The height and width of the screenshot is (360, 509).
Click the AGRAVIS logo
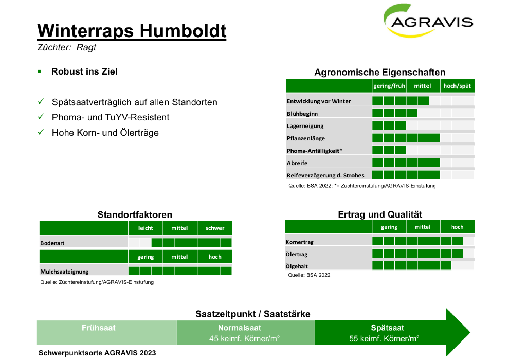pyautogui.click(x=428, y=21)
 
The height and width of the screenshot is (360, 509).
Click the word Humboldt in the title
pyautogui.click(x=183, y=31)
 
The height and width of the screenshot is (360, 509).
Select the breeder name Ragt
pyautogui.click(x=86, y=48)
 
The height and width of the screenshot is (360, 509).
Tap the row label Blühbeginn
pyautogui.click(x=302, y=114)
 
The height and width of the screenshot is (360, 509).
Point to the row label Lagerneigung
pyautogui.click(x=305, y=126)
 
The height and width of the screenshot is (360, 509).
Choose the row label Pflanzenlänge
pyautogui.click(x=306, y=138)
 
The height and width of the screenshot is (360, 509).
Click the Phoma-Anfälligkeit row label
pyautogui.click(x=314, y=151)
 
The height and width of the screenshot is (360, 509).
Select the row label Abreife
pyautogui.click(x=297, y=163)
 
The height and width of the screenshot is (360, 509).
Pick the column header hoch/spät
pyautogui.click(x=457, y=86)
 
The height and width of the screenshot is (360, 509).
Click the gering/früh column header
pyautogui.click(x=389, y=86)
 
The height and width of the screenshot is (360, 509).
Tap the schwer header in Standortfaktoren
pyautogui.click(x=215, y=228)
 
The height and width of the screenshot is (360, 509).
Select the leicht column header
pyautogui.click(x=146, y=228)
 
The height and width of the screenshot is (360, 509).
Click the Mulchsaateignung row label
pyautogui.click(x=64, y=272)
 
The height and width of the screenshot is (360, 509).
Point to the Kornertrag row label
pyautogui.click(x=299, y=242)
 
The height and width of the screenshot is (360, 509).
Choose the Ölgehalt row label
pyautogui.click(x=296, y=266)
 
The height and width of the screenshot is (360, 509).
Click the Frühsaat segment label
pyautogui.click(x=98, y=328)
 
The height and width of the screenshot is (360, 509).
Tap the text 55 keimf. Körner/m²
pyautogui.click(x=384, y=339)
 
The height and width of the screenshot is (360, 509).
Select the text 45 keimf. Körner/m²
pyautogui.click(x=244, y=339)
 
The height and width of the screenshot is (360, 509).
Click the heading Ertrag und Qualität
pyautogui.click(x=380, y=214)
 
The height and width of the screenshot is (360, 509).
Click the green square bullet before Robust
pyautogui.click(x=39, y=71)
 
